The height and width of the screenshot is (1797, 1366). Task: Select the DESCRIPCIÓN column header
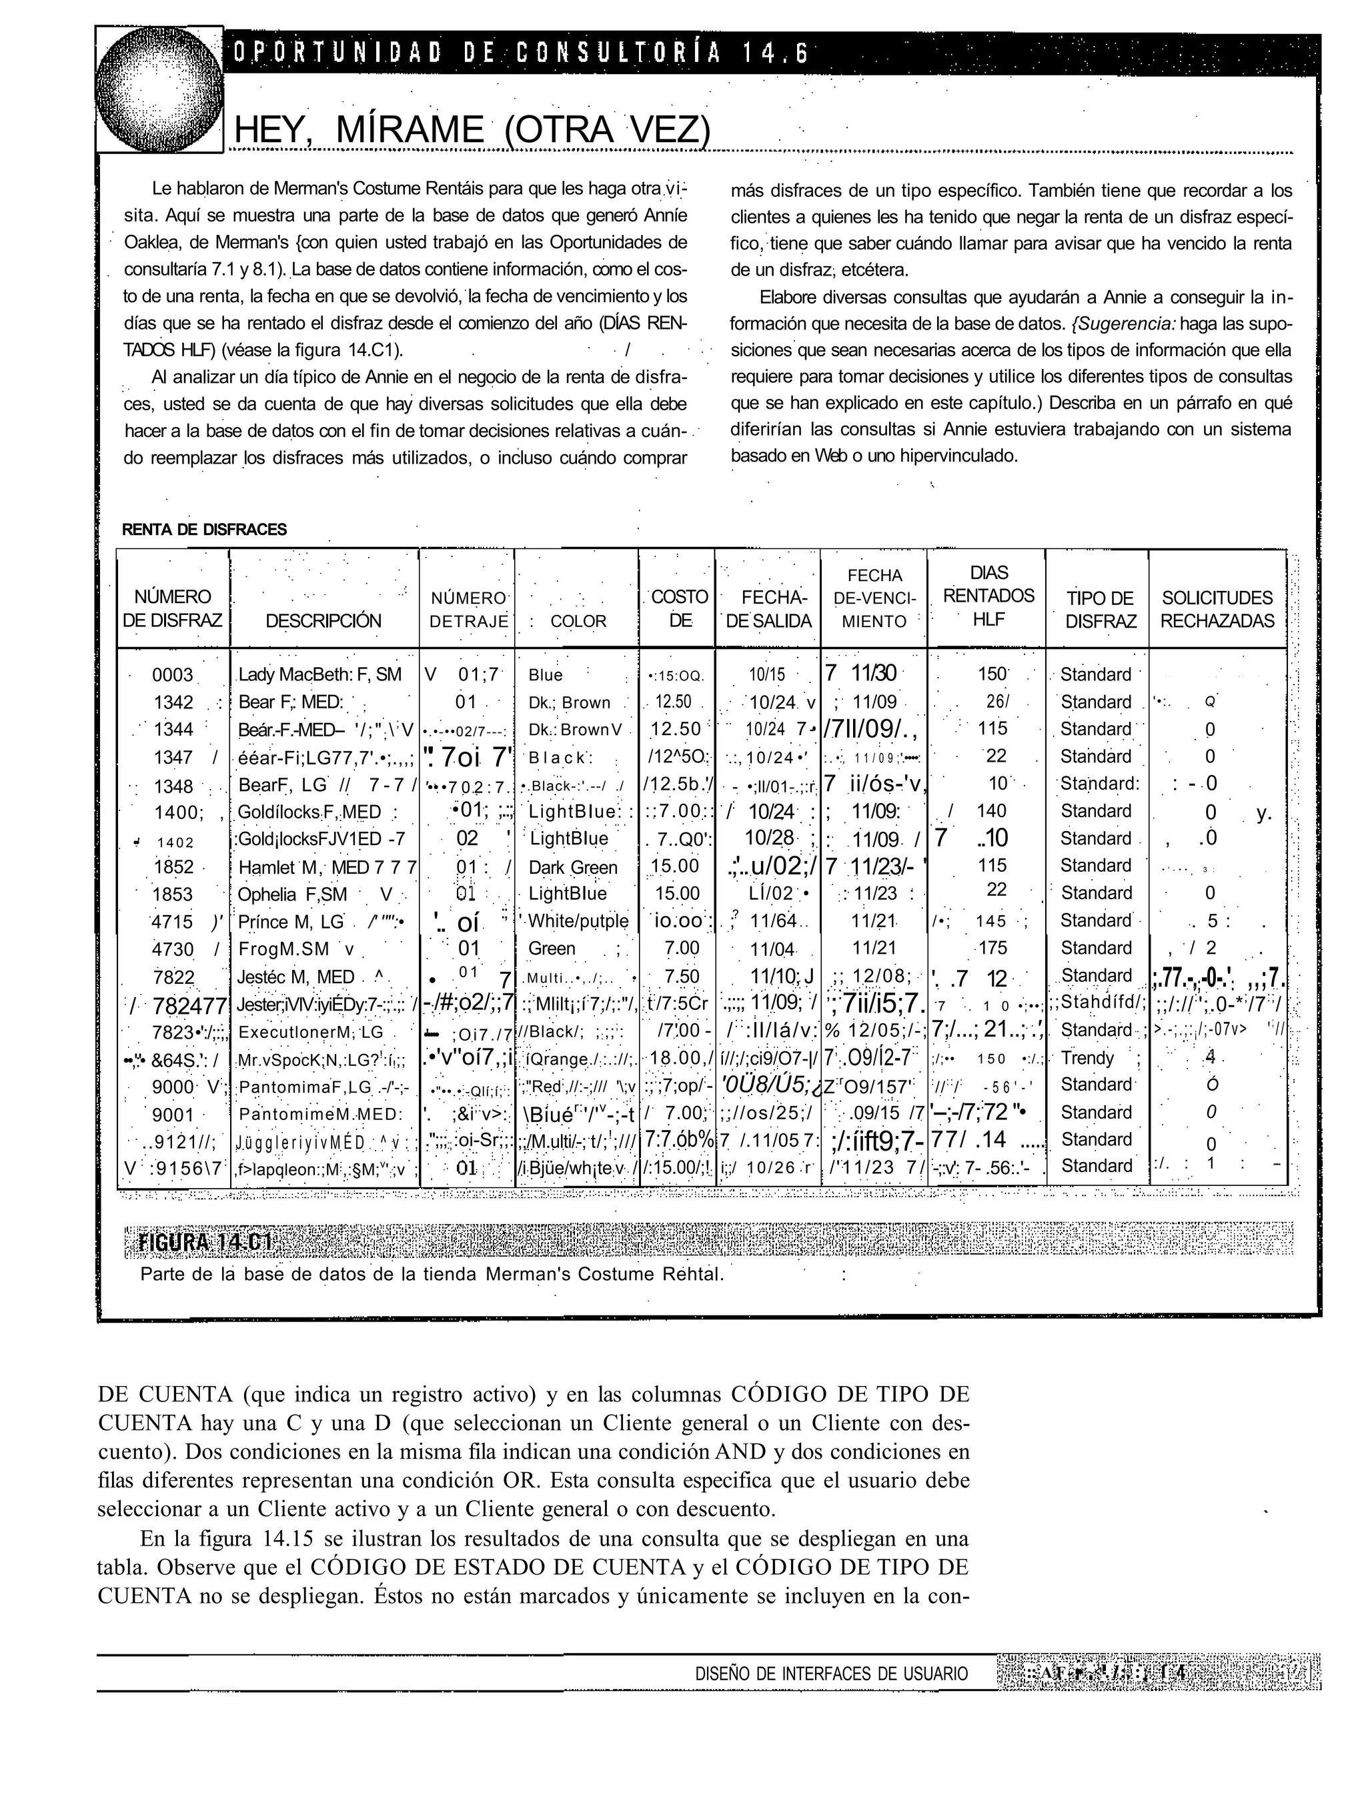click(323, 620)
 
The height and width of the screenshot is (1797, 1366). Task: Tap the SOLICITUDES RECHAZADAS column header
click(1217, 609)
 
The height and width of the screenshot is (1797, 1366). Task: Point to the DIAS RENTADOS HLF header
click(988, 596)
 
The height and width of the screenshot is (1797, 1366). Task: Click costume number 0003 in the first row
click(172, 675)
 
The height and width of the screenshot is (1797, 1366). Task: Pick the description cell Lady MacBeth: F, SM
click(319, 675)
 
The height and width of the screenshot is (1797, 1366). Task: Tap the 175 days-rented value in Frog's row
click(992, 947)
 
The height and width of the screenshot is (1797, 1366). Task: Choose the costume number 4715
click(172, 921)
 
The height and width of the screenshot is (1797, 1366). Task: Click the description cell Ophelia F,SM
click(292, 894)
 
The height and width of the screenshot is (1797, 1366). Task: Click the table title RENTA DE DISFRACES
click(204, 530)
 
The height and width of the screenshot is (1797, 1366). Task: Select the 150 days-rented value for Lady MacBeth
click(992, 674)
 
